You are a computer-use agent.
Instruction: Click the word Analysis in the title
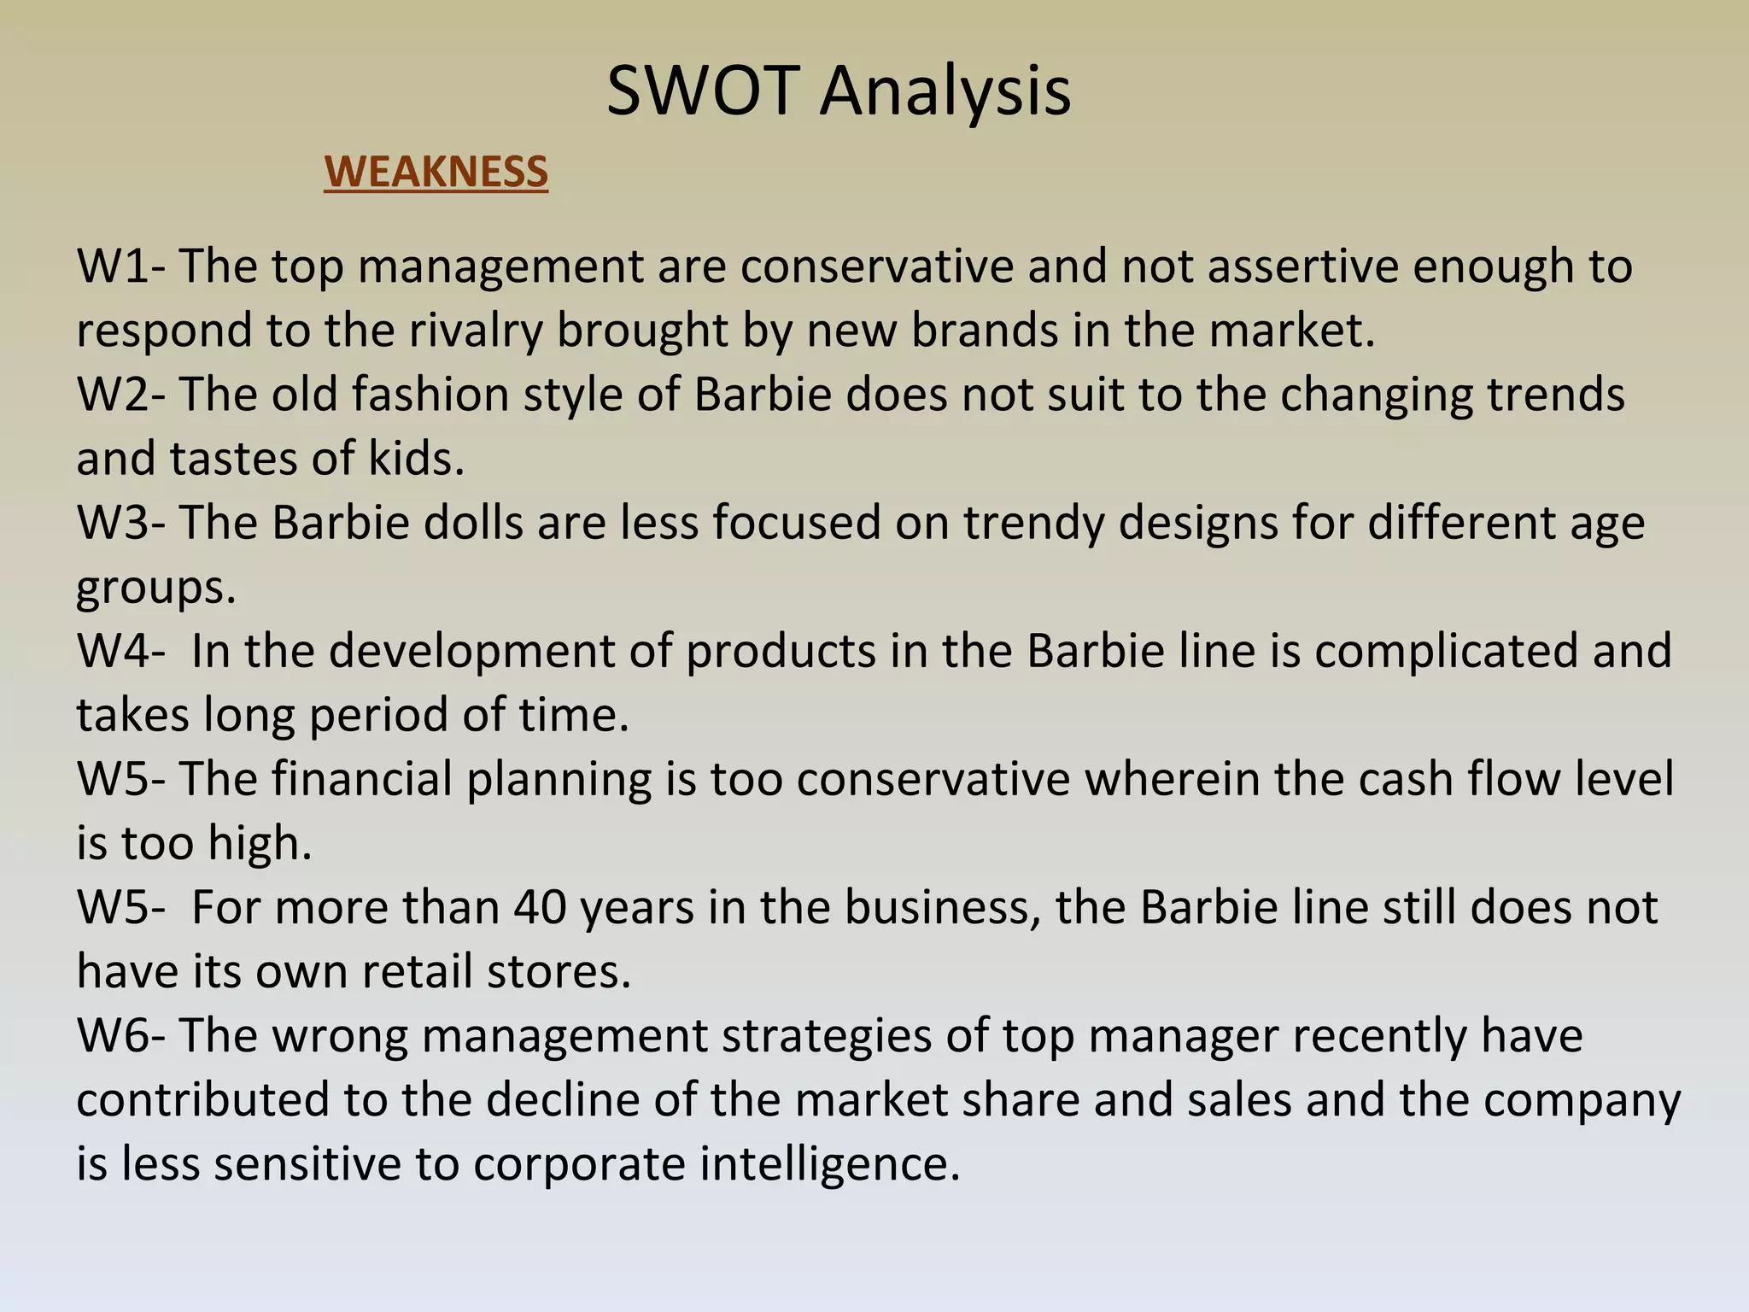point(945,91)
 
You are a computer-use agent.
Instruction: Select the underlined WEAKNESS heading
point(436,172)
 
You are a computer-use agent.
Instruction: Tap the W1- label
point(122,266)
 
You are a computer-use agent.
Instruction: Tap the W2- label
point(122,395)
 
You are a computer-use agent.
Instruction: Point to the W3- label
point(122,523)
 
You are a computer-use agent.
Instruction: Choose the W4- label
point(122,651)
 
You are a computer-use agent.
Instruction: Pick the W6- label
point(122,1035)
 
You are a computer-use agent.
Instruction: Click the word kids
point(416,459)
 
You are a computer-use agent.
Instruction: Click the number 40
point(540,907)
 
